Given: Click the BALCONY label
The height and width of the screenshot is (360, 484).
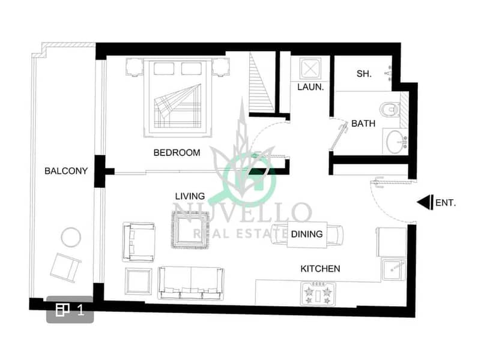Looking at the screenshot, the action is click(x=66, y=171).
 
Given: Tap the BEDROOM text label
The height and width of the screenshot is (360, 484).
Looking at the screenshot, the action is click(x=177, y=152).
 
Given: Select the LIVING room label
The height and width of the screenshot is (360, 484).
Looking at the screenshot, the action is click(x=190, y=196).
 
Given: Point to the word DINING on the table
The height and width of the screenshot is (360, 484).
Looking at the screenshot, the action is click(x=307, y=234).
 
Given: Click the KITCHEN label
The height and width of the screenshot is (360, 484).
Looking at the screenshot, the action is click(x=321, y=269).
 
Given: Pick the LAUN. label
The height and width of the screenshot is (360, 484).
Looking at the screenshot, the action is click(x=310, y=88).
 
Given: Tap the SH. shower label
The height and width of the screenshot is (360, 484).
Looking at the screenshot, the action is click(x=364, y=74).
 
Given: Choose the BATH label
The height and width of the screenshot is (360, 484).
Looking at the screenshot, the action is click(x=363, y=124).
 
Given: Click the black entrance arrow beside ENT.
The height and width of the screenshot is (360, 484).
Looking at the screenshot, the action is click(x=425, y=203).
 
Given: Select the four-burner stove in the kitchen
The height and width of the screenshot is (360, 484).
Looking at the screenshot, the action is click(x=318, y=293).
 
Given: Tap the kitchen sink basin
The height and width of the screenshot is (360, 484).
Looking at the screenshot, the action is click(x=393, y=269).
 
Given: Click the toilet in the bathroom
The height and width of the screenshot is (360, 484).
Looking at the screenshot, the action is click(x=390, y=110).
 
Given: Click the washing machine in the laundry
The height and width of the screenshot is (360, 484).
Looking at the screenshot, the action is click(x=310, y=68).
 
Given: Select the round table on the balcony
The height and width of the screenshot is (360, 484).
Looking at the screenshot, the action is click(x=71, y=237).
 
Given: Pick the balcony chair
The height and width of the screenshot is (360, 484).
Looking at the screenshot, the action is click(x=65, y=268).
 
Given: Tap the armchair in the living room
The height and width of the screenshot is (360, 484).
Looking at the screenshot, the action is click(x=139, y=242).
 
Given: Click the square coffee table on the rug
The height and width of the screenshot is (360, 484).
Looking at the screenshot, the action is click(x=190, y=230).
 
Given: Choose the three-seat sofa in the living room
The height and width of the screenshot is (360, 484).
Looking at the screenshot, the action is click(x=190, y=283).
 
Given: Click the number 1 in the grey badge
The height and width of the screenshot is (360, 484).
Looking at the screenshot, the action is click(x=80, y=310).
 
